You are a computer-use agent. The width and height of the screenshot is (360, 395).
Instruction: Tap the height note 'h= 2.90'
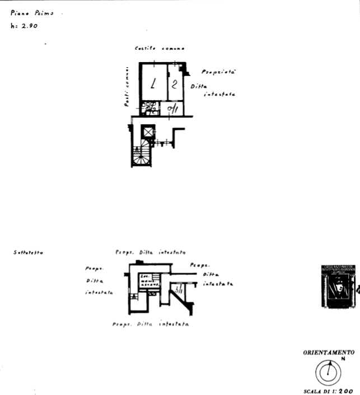[x=24, y=26]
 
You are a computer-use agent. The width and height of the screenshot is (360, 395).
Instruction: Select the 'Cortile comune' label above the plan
[x=158, y=49]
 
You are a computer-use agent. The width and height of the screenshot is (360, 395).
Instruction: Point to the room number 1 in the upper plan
[x=153, y=84]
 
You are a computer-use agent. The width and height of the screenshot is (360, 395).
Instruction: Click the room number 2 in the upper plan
[x=175, y=84]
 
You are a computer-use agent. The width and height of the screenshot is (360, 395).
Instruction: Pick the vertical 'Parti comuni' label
[x=127, y=88]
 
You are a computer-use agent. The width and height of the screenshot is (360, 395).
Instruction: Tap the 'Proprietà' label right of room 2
[x=218, y=73]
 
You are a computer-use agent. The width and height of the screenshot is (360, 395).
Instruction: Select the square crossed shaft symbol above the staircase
[x=148, y=133]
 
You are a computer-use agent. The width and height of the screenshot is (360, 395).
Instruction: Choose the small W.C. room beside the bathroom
[x=172, y=109]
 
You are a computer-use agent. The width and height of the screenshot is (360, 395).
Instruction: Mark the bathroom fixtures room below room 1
[x=150, y=108]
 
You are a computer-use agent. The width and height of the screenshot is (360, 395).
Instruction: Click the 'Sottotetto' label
[x=27, y=253]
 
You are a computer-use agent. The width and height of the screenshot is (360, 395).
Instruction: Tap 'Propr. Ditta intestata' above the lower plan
[x=150, y=252]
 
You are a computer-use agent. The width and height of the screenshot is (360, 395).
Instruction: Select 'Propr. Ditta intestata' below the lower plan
[x=150, y=323]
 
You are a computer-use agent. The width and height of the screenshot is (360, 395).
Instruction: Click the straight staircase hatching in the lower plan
[x=149, y=280]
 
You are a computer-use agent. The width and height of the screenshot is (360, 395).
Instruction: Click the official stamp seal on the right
[x=337, y=286]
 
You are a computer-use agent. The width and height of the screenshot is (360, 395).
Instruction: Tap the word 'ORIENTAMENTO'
[x=329, y=353]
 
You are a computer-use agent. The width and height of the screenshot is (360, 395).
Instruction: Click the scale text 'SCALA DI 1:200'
[x=329, y=391]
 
